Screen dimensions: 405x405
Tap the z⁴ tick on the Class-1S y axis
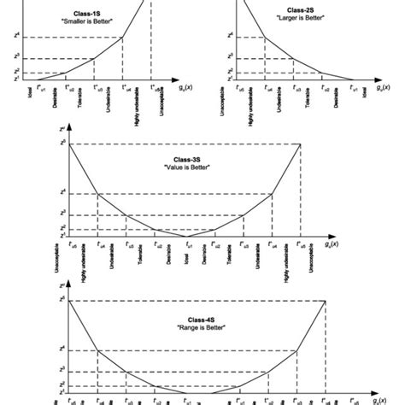28,35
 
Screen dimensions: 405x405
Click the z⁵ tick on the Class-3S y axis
62,144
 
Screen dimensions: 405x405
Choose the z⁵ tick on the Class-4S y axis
62,300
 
